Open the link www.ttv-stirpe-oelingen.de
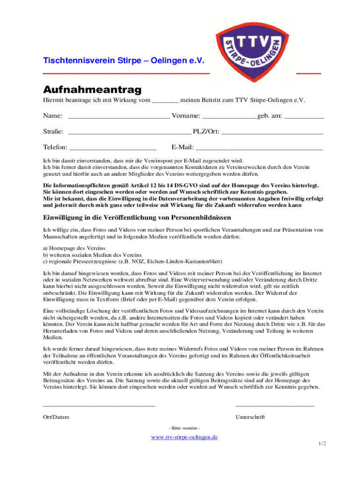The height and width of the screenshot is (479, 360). pyautogui.click(x=184, y=437)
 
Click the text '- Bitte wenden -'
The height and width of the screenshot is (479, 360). pyautogui.click(x=184, y=428)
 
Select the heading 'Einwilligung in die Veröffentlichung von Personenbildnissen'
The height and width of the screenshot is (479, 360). pyautogui.click(x=137, y=218)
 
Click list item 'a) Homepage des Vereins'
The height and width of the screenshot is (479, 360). pyautogui.click(x=74, y=247)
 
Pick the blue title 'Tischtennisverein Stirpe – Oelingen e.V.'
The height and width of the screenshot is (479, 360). pyautogui.click(x=124, y=61)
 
